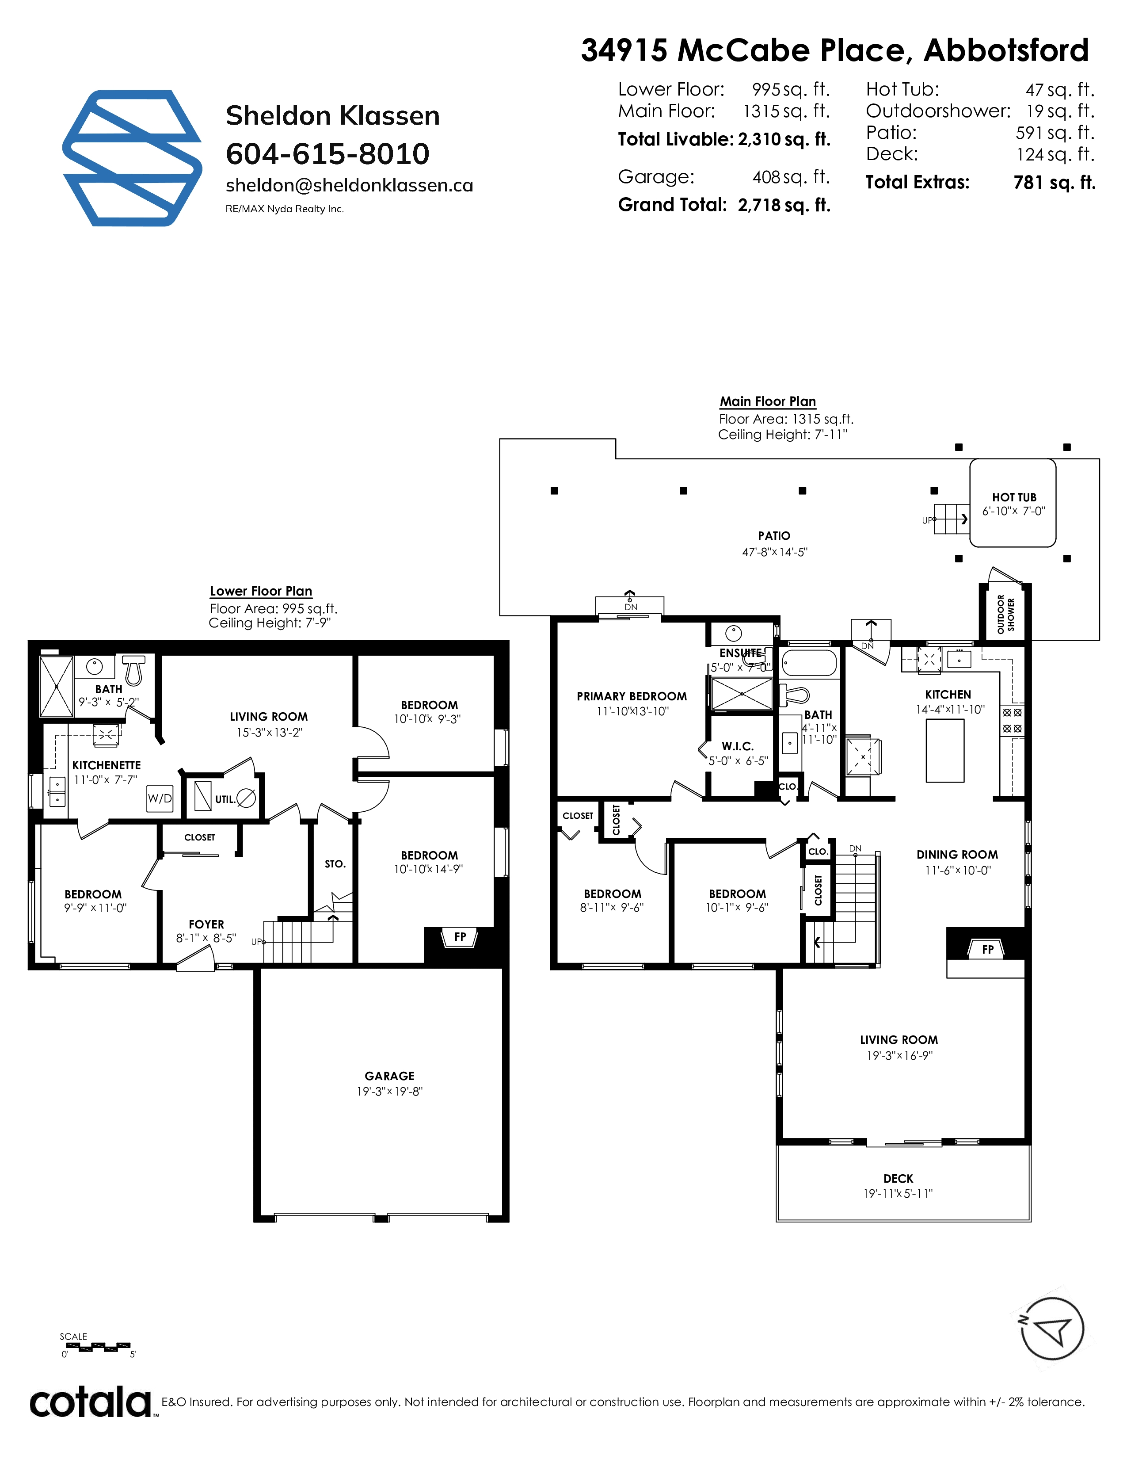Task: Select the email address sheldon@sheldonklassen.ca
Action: tap(349, 185)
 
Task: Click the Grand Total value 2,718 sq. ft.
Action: tap(784, 205)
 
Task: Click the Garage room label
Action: tap(389, 1076)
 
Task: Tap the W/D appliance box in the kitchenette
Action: tap(160, 798)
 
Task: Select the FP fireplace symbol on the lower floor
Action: tap(460, 937)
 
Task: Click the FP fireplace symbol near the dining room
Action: tap(987, 949)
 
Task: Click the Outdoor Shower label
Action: tap(1005, 614)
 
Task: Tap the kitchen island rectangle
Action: tap(945, 751)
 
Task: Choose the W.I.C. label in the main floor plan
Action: tap(737, 746)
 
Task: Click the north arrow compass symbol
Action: tap(1051, 1329)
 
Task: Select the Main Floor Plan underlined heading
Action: tap(768, 401)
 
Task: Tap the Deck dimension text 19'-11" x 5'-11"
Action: tap(898, 1194)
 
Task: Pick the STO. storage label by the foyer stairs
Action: tap(335, 864)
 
